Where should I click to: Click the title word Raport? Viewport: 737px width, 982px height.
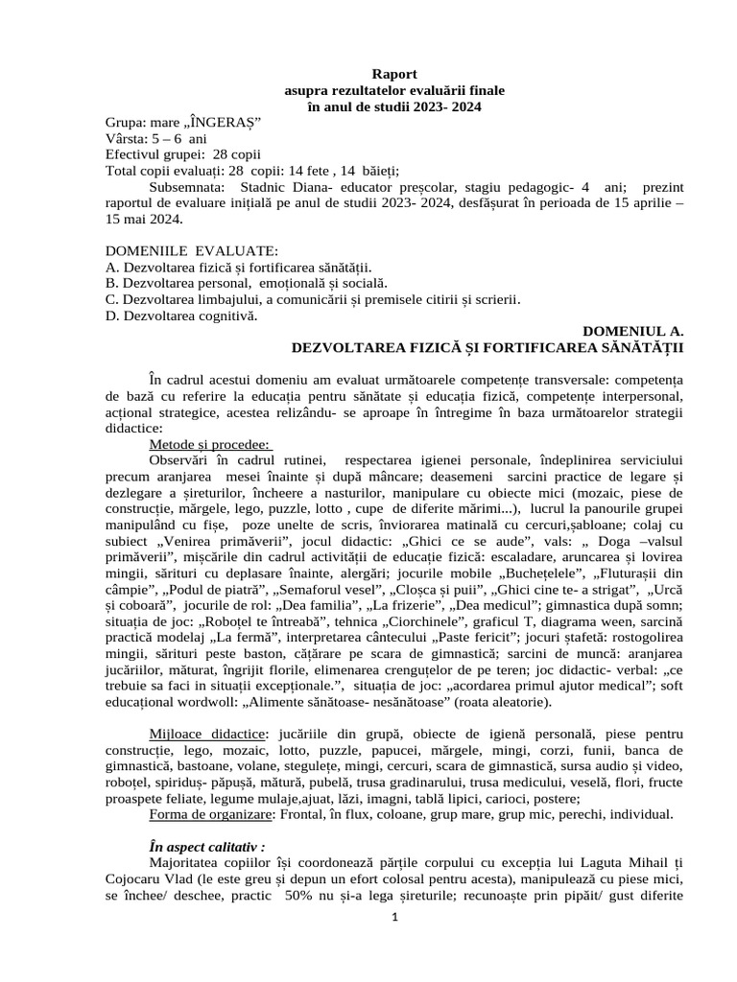[x=394, y=73]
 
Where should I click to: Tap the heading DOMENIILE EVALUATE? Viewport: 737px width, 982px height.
[x=192, y=251]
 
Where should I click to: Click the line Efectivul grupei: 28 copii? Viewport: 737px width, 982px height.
[x=181, y=155]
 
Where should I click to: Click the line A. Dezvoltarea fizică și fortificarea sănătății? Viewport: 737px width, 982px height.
[x=238, y=268]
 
